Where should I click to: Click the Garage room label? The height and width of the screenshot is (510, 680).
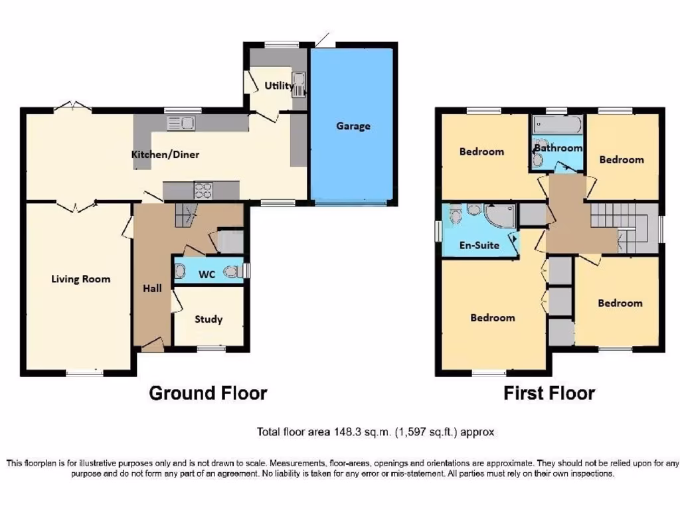(353, 126)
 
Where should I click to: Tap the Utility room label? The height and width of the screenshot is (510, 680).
(279, 86)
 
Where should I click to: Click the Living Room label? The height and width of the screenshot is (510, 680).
(81, 279)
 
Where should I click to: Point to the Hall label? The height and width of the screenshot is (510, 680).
(153, 288)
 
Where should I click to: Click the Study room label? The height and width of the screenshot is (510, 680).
(209, 319)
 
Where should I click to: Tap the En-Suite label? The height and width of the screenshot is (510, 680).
(479, 245)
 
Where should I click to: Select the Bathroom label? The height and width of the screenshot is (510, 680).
(558, 148)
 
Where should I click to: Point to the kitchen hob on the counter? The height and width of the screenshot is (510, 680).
(203, 191)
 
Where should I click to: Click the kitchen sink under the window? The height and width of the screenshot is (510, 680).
(181, 122)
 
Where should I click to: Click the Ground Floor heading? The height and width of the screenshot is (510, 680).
(208, 393)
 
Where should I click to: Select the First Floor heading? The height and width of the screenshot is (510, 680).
(549, 393)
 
